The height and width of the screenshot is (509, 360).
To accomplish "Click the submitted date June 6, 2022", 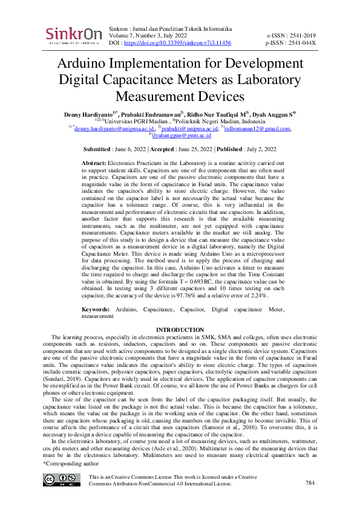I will coord(128,149).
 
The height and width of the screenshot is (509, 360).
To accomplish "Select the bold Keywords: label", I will coord(96,309).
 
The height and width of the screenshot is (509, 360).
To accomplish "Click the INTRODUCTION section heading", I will coord(180,329).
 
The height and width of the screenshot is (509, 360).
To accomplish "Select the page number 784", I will coord(310,483).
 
